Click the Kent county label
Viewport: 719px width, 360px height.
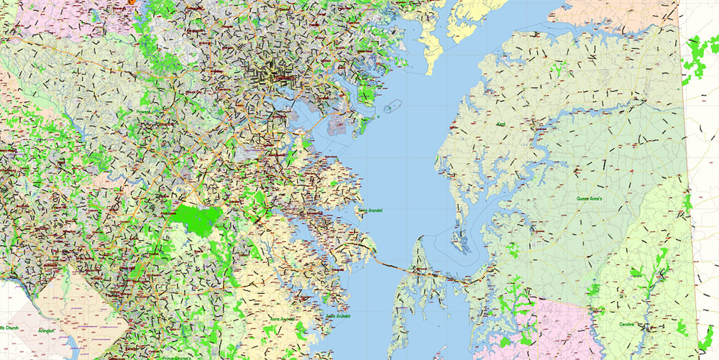pyautogui.click(x=500, y=124)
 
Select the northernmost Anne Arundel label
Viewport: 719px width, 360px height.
pyautogui.click(x=370, y=211)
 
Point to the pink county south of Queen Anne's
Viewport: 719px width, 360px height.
pyautogui.click(x=554, y=323)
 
